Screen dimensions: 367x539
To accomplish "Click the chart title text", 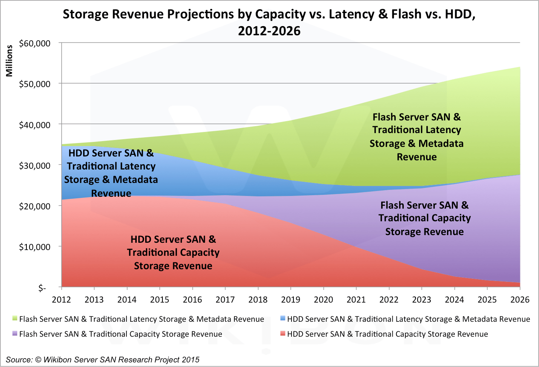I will coord(269,22).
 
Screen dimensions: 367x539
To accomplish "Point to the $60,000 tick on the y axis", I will coord(34,43).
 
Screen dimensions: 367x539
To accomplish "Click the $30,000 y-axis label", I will coord(34,166).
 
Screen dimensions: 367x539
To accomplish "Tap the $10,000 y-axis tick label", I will coord(34,247).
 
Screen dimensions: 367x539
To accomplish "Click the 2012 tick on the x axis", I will coord(61,300).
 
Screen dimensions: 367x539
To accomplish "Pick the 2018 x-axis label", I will coord(258,300).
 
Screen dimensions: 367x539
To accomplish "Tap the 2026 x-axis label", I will coord(519,300).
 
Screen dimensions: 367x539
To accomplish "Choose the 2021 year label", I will coord(356,300).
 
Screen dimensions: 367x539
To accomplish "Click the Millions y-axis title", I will coord(9,61).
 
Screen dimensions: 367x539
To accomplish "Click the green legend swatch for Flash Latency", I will coord(15,318).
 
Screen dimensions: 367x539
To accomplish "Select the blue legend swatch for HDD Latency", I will coord(283,318).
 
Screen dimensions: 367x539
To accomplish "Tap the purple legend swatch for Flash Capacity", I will coord(15,333).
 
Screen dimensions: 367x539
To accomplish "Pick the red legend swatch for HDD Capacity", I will coord(283,333).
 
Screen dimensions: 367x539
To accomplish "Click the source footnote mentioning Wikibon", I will coord(103,360).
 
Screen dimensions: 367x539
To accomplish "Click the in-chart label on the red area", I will coord(173,252).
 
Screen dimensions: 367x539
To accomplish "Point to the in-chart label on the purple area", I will coord(424,218).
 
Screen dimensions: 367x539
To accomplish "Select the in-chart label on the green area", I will coord(416,137).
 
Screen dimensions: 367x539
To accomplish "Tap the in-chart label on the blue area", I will coord(111,173).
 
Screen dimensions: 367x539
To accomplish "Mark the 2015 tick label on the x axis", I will coord(159,300).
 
